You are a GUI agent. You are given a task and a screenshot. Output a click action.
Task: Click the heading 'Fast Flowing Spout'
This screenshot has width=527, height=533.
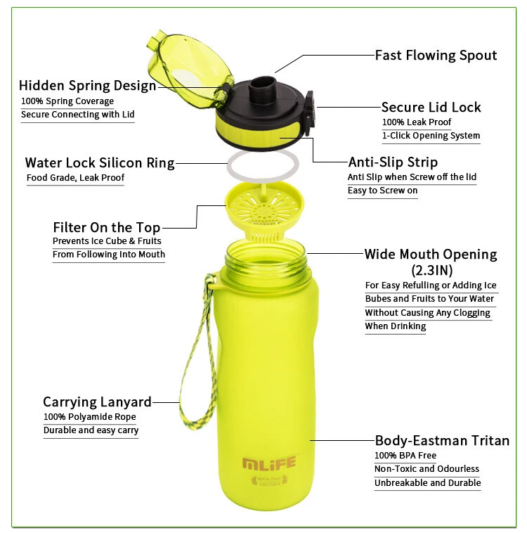(x=436, y=56)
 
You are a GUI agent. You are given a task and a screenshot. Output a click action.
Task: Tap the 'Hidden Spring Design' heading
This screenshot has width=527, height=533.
(x=87, y=86)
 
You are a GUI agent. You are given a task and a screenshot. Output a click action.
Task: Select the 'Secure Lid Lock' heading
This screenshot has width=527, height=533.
(x=431, y=107)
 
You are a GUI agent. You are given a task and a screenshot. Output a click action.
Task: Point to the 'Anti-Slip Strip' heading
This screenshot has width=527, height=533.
(x=393, y=162)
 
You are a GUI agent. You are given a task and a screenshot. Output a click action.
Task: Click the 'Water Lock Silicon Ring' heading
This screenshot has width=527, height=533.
(x=100, y=163)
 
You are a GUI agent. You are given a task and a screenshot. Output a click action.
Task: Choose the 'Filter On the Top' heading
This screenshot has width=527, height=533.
(x=107, y=227)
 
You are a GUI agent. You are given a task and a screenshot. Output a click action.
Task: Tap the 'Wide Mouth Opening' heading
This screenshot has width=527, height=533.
(x=430, y=254)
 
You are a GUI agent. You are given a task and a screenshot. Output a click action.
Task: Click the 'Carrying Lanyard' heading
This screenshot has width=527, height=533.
(x=97, y=402)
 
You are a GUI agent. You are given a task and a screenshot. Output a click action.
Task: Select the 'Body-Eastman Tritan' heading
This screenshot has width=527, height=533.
(x=442, y=441)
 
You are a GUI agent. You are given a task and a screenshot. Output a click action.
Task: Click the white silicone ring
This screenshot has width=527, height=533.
(x=262, y=168)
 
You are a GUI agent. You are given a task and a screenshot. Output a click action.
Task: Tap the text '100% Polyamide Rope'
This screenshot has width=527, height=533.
(x=90, y=417)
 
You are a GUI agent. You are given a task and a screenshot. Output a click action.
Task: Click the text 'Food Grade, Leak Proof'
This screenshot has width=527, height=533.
(x=75, y=178)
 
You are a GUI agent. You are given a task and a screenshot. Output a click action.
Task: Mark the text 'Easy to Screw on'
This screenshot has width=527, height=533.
(x=382, y=191)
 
